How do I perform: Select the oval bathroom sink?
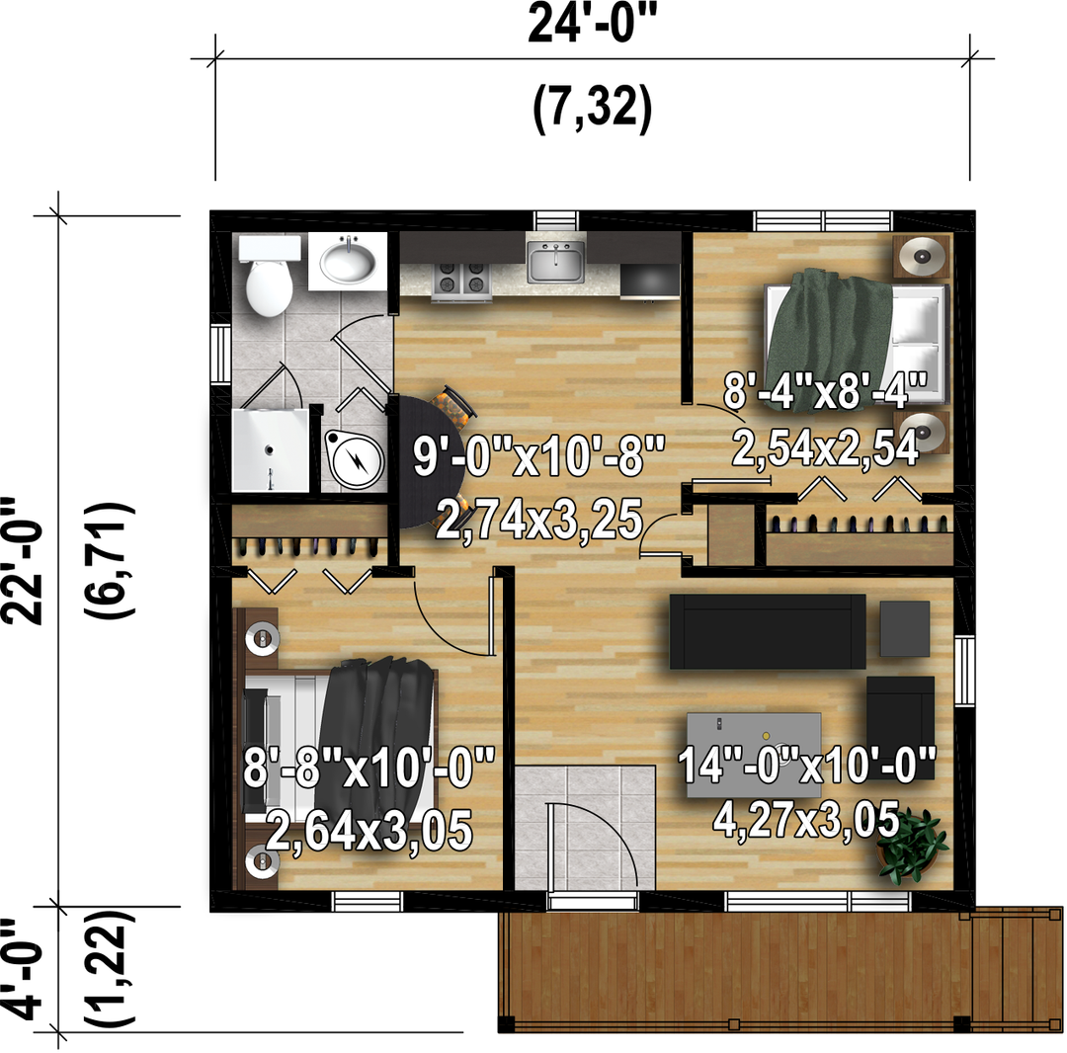click(348, 263)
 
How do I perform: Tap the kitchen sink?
click(556, 262)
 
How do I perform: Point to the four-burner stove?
click(461, 280)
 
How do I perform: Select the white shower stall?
click(270, 448)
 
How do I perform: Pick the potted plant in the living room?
click(912, 845)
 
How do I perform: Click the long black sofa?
click(768, 631)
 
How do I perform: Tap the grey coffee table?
click(753, 755)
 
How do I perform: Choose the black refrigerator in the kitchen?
click(650, 281)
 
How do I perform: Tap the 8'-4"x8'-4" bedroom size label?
click(824, 391)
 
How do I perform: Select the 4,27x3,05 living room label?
click(806, 820)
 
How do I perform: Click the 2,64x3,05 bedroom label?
click(369, 831)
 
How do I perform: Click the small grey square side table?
click(904, 628)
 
